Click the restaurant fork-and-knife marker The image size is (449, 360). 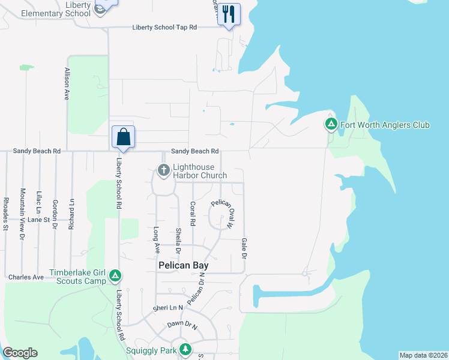(x=228, y=14)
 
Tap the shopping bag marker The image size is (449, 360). (x=123, y=136)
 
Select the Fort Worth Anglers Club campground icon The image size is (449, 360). (x=331, y=125)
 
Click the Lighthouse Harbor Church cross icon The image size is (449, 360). (x=163, y=171)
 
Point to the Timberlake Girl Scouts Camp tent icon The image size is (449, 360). (x=115, y=277)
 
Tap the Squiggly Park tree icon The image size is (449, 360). (x=186, y=349)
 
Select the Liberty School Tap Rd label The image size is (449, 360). (x=164, y=28)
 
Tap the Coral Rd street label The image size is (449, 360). (x=193, y=213)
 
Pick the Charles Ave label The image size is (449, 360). (x=26, y=277)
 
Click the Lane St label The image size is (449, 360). (x=38, y=220)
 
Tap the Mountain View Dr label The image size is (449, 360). (x=22, y=214)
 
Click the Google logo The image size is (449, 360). (x=20, y=353)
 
